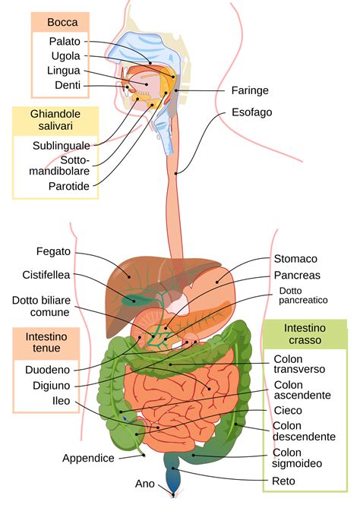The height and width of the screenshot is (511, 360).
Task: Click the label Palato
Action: click(65, 41)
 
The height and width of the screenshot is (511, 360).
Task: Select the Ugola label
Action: click(65, 56)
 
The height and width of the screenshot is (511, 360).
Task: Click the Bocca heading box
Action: click(62, 22)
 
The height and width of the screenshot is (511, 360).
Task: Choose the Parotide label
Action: click(69, 185)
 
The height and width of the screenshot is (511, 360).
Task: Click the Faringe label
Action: click(250, 90)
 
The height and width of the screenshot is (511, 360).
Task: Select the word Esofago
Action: click(251, 112)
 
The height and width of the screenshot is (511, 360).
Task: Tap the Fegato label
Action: click(53, 251)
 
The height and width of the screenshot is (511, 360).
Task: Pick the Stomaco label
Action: click(295, 259)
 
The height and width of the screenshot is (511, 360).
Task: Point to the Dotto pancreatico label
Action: click(302, 295)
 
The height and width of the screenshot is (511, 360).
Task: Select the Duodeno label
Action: click(46, 370)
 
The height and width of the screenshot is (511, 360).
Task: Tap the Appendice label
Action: click(88, 458)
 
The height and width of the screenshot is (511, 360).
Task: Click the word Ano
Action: click(144, 484)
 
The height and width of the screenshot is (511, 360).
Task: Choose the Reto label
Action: click(283, 481)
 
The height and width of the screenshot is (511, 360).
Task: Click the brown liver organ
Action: click(129, 285)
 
